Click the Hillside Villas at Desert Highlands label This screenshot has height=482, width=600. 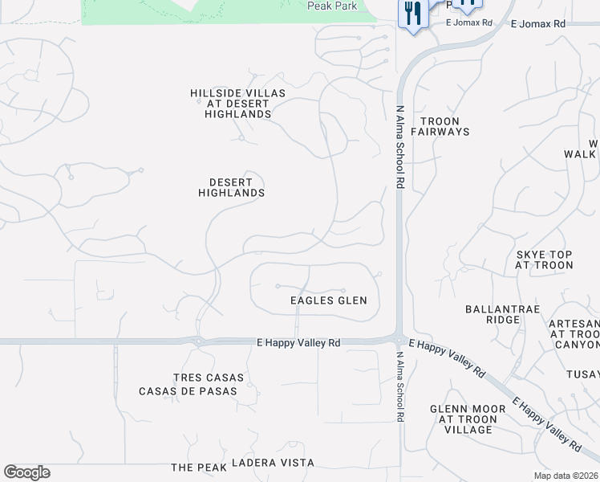point(237,104)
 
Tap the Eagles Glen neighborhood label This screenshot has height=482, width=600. point(328,300)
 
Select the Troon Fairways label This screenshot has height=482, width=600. point(440,125)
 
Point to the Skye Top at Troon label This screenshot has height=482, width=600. point(544,259)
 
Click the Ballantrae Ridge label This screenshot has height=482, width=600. point(493,313)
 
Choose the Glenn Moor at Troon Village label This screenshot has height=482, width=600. point(468,419)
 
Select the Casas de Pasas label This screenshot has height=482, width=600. point(188,391)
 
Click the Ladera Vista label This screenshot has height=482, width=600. point(273,464)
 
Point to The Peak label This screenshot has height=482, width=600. point(194,467)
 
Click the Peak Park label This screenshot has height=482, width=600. point(332,6)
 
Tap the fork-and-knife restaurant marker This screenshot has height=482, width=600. point(413,14)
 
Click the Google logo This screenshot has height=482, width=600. point(26,472)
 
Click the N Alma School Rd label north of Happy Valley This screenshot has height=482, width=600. point(399,147)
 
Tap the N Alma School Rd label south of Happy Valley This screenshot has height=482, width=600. point(399,386)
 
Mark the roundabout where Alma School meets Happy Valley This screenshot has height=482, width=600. point(399,339)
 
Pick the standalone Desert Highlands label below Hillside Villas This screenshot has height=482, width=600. point(231,187)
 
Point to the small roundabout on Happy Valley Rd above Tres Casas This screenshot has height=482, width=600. point(197,341)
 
